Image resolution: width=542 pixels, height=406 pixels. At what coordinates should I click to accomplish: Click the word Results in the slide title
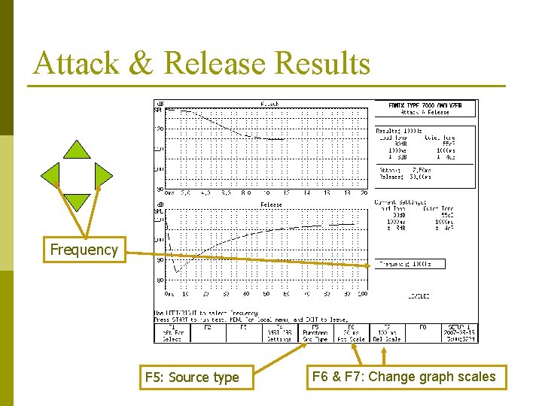pos(323,63)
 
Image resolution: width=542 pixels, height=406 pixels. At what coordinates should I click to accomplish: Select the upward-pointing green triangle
pos(76,149)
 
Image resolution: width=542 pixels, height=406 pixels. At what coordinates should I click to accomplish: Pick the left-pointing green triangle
pos(50,175)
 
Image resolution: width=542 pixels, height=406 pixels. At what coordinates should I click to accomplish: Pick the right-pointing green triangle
pos(103,175)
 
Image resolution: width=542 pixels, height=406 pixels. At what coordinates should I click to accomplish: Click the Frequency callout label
pos(84,250)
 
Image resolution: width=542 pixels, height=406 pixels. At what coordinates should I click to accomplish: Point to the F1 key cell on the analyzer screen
pos(172,332)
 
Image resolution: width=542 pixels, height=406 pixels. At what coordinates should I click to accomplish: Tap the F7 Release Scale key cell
pos(388,332)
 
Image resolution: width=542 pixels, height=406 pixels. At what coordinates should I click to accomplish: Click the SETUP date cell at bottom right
pos(459,332)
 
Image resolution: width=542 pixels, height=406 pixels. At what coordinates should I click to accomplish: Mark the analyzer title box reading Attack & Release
pos(425,108)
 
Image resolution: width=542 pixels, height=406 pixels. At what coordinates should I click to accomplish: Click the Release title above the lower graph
pos(271,205)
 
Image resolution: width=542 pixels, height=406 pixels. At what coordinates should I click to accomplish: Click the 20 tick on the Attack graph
pos(364,192)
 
